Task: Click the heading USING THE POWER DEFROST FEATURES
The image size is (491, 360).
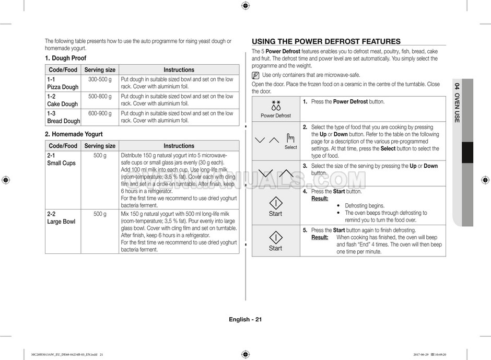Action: [x=326, y=42]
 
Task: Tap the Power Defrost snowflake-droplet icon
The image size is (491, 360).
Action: [x=276, y=104]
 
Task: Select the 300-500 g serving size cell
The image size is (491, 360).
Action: [x=100, y=79]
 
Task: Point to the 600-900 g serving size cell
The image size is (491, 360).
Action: [x=100, y=113]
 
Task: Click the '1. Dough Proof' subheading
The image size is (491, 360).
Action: [x=65, y=58]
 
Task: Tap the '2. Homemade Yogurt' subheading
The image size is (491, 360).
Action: [x=74, y=134]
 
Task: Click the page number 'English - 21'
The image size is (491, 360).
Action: [x=245, y=320]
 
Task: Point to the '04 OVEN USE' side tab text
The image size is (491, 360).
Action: [x=457, y=102]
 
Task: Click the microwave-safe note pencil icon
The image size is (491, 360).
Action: [x=255, y=75]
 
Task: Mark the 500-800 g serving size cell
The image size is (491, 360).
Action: [x=100, y=97]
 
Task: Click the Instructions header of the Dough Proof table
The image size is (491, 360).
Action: [x=179, y=69]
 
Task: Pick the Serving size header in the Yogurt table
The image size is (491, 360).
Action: [x=100, y=146]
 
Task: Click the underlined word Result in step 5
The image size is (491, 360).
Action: [x=319, y=237]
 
